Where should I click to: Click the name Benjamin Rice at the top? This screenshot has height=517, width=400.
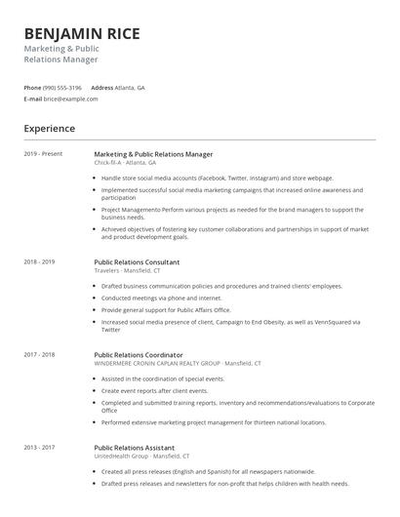click(x=82, y=33)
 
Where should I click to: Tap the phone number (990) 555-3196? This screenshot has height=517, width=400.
click(x=62, y=87)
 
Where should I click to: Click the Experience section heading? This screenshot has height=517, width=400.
click(x=49, y=128)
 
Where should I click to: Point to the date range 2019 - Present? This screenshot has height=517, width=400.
click(x=43, y=154)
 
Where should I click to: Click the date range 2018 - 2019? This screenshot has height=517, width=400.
click(x=39, y=261)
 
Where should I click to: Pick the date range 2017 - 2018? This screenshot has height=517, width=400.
click(x=39, y=355)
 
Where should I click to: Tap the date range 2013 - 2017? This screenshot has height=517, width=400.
click(x=39, y=448)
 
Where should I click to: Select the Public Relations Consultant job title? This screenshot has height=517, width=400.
click(x=137, y=261)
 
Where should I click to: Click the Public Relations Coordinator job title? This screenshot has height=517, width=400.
click(x=139, y=355)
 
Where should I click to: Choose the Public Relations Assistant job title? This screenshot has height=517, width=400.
click(x=135, y=448)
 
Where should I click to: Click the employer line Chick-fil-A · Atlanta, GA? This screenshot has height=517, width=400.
click(x=127, y=163)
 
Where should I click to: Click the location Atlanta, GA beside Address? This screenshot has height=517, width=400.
click(x=130, y=87)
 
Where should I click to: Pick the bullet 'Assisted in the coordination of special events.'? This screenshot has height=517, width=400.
click(x=163, y=378)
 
